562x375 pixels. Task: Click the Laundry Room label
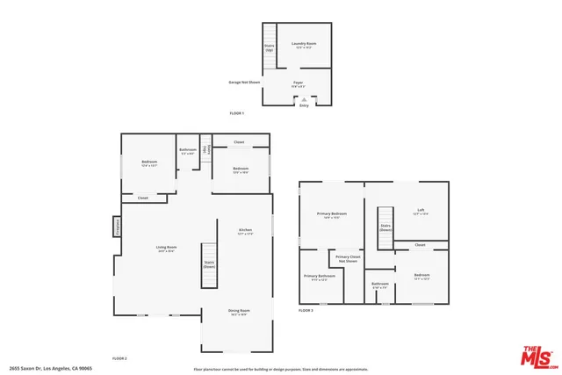click(304, 44)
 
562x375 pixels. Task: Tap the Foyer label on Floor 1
click(298, 83)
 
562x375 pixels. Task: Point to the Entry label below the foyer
click(304, 105)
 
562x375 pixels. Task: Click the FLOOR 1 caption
click(237, 113)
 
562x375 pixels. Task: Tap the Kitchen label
click(245, 232)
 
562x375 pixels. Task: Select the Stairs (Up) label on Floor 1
click(270, 48)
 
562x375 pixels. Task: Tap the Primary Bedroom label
click(332, 215)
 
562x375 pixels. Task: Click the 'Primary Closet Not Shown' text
click(347, 259)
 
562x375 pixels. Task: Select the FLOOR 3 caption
click(306, 311)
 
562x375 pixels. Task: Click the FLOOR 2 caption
click(119, 358)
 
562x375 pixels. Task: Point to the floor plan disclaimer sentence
click(281, 369)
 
